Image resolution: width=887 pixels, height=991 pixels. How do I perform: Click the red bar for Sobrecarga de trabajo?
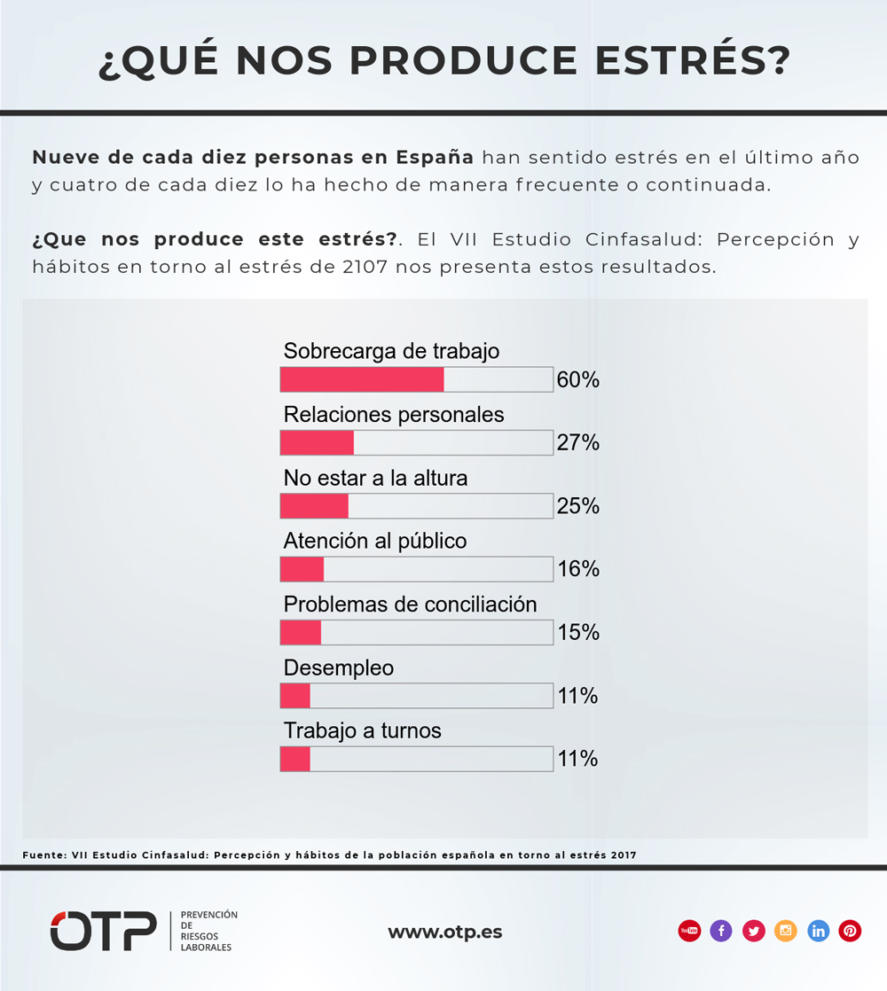(362, 380)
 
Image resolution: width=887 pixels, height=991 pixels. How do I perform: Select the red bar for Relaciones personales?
(318, 443)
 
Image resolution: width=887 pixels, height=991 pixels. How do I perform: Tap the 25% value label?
(577, 505)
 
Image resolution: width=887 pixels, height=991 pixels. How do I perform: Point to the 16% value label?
(577, 569)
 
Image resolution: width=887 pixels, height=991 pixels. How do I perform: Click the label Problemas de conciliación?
(411, 605)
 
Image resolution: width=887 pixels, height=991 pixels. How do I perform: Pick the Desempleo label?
(339, 668)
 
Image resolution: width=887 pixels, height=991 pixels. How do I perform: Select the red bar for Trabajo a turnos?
(295, 759)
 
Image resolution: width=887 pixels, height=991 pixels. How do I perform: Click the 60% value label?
(577, 380)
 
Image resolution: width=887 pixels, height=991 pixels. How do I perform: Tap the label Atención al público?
(375, 541)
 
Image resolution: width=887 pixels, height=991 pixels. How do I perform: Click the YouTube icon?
(690, 931)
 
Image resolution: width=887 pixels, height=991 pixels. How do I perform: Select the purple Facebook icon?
(721, 931)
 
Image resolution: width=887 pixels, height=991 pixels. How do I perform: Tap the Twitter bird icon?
(754, 931)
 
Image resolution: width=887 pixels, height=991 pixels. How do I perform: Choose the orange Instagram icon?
(786, 931)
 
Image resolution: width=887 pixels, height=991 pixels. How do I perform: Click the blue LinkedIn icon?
(818, 931)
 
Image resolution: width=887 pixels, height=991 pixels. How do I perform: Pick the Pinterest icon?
(851, 931)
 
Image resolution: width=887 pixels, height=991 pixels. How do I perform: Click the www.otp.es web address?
(445, 932)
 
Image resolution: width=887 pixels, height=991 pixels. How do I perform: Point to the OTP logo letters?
(104, 931)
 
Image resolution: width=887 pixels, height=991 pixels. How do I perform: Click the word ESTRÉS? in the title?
(693, 60)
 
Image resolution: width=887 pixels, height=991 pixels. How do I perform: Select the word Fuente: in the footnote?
(44, 855)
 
